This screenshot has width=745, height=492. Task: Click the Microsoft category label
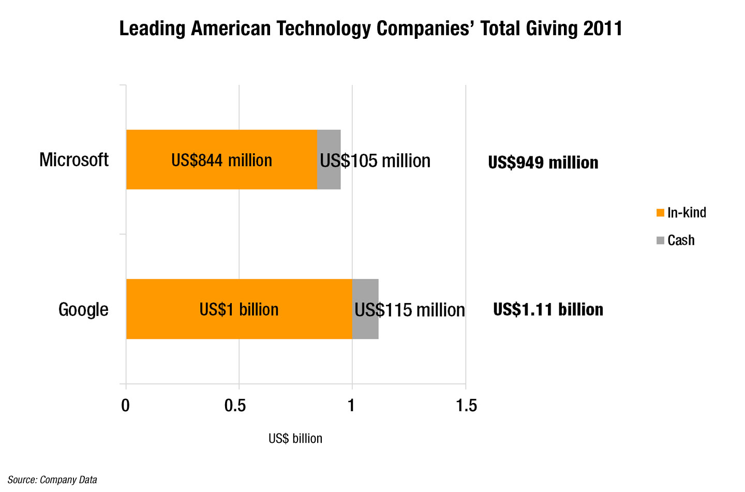74,160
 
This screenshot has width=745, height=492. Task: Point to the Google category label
83,309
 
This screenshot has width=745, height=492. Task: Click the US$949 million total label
543,163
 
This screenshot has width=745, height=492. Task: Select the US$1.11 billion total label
548,309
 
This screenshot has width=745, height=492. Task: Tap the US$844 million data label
221,161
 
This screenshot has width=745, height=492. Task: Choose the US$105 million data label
375,161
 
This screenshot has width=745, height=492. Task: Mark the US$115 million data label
410,310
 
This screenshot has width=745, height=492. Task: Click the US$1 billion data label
239,309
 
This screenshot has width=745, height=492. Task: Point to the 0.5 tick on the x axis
235,405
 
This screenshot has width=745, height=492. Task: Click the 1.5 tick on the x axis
466,405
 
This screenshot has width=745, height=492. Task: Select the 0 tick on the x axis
125,405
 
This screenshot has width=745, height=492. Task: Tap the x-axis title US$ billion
295,439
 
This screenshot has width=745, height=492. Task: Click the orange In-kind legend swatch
660,213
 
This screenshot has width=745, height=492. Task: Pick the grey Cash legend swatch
660,240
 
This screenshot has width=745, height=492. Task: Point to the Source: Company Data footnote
52,480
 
